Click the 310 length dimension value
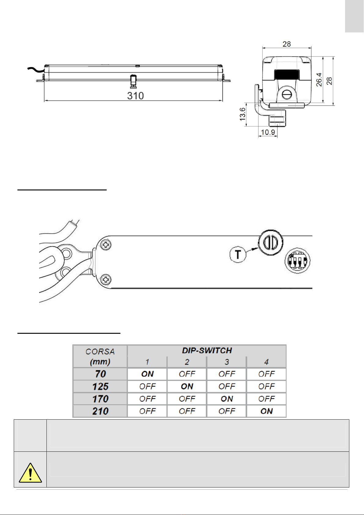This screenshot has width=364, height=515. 135,96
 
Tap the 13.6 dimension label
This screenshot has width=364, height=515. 243,114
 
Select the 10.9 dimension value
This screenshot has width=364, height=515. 268,132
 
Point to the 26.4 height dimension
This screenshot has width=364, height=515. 319,79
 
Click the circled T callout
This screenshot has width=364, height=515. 238,254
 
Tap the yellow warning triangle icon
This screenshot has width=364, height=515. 30,473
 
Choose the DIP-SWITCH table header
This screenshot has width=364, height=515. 207,350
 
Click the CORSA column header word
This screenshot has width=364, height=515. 100,351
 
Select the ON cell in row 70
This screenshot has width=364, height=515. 147,374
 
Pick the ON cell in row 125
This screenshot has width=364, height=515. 187,386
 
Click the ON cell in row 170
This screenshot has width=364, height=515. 227,399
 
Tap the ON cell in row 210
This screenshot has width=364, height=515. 267,411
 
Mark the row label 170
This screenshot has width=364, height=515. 100,399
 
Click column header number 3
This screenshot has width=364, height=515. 227,362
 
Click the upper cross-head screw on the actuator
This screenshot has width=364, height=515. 106,245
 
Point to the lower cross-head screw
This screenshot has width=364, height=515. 106,280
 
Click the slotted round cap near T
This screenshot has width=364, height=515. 270,242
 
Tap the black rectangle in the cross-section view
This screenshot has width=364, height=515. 287,74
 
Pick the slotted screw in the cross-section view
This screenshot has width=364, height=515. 287,94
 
